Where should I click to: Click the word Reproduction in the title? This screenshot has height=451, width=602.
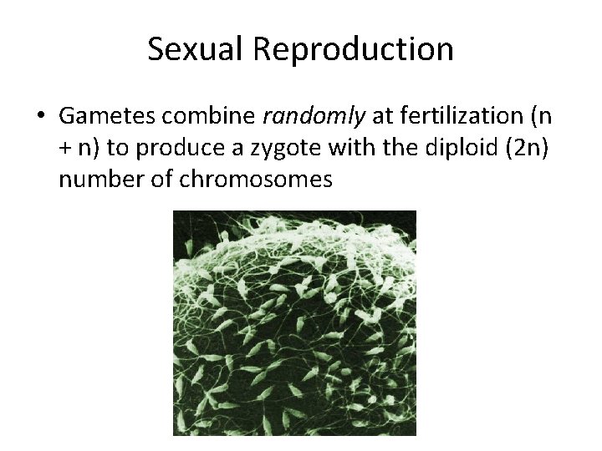[353, 49]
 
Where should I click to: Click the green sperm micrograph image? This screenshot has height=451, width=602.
[294, 322]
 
